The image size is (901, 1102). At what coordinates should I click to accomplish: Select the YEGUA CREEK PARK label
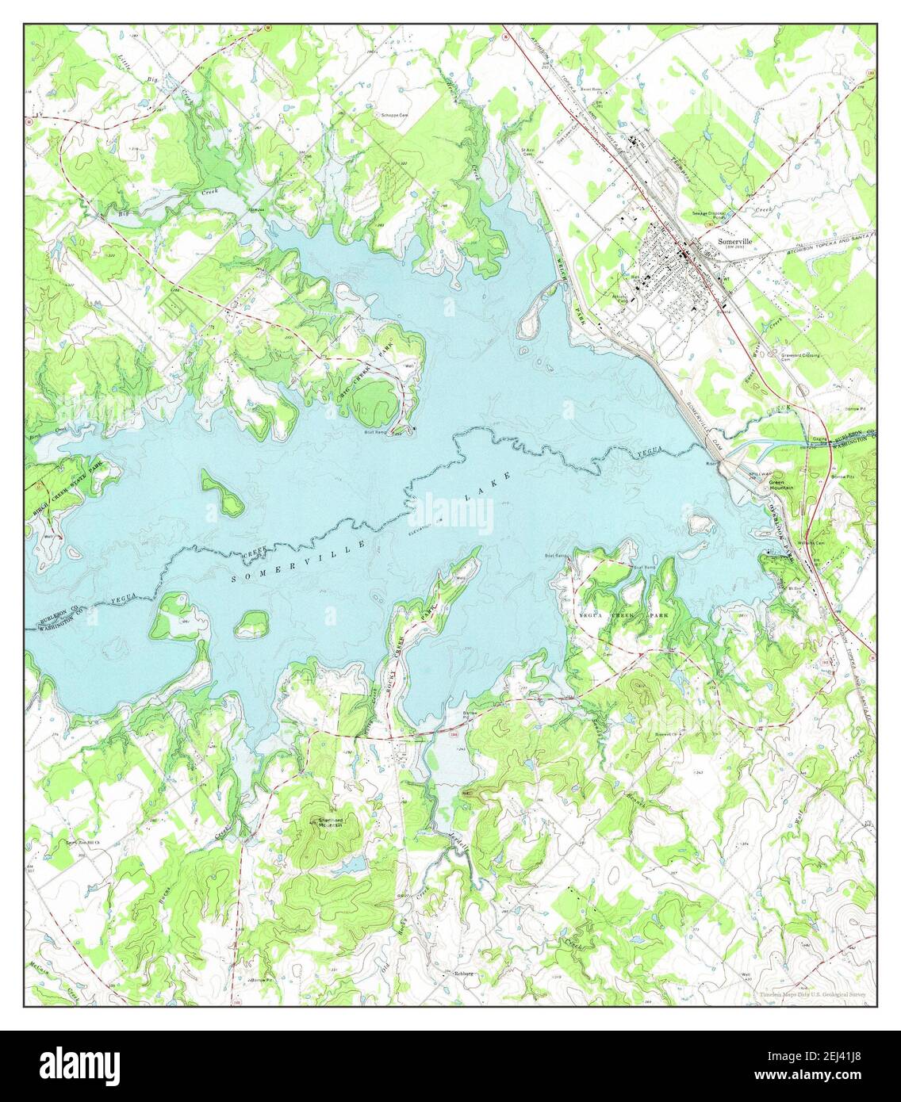click(626, 615)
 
